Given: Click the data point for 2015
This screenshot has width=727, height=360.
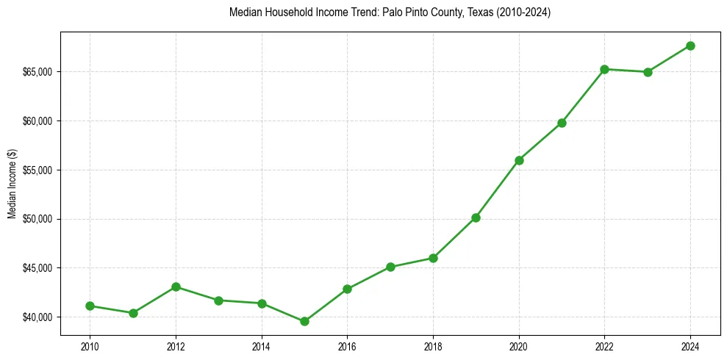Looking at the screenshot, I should pos(304,321).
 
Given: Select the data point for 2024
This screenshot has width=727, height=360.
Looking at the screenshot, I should pos(690,46).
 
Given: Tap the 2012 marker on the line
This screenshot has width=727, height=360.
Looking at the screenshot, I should pos(176,287).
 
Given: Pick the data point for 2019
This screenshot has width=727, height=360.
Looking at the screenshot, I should pos(476,217).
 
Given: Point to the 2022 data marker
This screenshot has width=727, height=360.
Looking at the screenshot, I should pos(604,69).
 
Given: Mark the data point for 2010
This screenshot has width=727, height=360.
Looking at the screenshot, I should pos(90,306).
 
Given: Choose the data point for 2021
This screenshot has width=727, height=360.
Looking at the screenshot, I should pos(562,123).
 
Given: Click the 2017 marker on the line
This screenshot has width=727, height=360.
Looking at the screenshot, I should pos(390,267).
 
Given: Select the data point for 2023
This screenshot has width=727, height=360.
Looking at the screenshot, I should pos(648,72).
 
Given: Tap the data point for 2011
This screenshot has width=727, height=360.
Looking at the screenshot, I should pos(133,313).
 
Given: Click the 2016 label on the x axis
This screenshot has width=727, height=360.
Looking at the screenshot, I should pos(347,345).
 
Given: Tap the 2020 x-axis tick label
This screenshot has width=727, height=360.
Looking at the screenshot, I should pos(519,345).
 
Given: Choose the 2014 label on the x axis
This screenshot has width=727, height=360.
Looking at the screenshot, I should pos(262,345).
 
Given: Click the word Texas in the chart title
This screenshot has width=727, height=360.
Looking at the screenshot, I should pos(466,12).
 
